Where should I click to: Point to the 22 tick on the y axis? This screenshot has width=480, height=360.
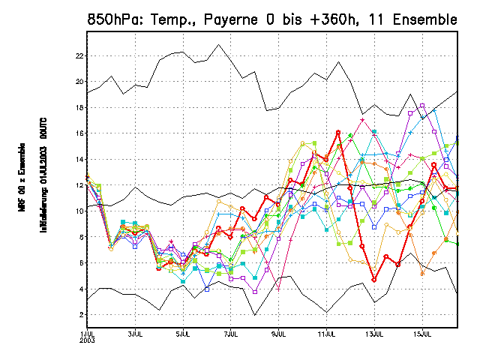[79, 55]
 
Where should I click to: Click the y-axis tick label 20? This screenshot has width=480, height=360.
[79, 81]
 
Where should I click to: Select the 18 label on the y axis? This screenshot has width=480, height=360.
[79, 107]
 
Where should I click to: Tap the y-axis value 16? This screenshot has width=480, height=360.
[79, 133]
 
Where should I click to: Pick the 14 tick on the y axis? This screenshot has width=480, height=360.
[79, 159]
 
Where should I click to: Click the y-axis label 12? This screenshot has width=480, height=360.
[79, 185]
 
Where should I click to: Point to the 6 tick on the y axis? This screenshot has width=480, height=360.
[81, 262]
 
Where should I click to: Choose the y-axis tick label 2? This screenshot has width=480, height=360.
[81, 314]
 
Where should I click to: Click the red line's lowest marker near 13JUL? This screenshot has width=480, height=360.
[374, 280]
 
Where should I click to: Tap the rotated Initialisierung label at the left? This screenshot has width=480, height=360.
[44, 181]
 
